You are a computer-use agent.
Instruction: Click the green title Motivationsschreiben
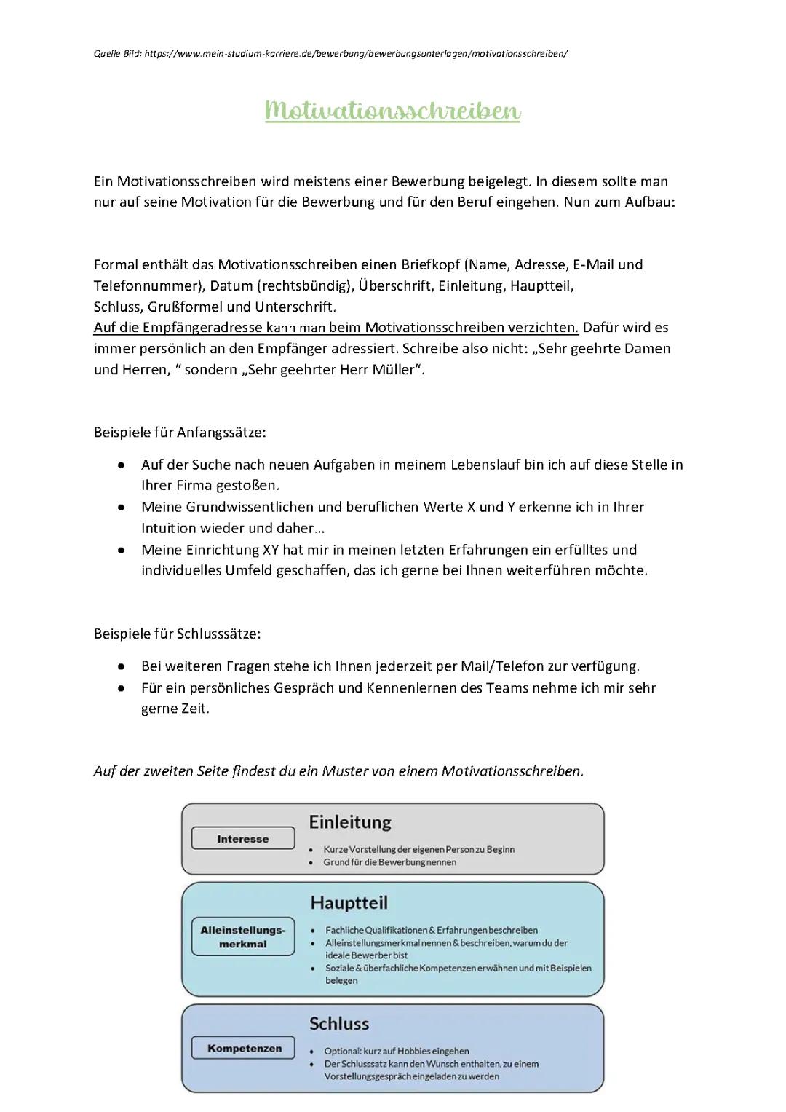(393, 111)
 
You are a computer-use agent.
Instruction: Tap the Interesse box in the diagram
(243, 839)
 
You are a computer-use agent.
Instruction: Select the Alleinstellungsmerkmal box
(243, 936)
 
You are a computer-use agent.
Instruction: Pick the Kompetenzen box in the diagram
(244, 1049)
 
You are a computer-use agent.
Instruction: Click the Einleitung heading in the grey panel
(350, 822)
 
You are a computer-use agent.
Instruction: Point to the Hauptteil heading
(349, 903)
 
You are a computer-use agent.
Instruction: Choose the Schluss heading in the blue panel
(339, 1024)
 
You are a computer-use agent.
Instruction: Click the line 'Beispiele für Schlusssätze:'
(178, 634)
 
